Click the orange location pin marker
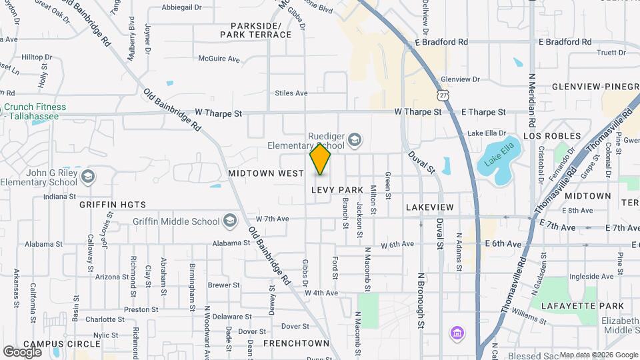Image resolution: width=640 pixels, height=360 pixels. pyautogui.click(x=321, y=159)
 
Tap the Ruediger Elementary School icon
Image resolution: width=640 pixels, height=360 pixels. pyautogui.click(x=355, y=139)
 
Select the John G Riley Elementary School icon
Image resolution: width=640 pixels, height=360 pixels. pyautogui.click(x=88, y=177)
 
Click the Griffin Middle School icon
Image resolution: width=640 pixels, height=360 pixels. pyautogui.click(x=229, y=221)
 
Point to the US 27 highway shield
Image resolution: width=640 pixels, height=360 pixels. pyautogui.click(x=443, y=96)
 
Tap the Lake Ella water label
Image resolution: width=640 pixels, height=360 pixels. pyautogui.click(x=495, y=161)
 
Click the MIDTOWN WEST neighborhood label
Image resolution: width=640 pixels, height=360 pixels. pyautogui.click(x=266, y=173)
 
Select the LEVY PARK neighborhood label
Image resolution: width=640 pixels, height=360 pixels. pyautogui.click(x=337, y=190)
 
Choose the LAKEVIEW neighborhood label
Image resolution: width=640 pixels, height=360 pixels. pyautogui.click(x=429, y=207)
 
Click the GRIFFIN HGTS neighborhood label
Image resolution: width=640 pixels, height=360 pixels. pyautogui.click(x=113, y=205)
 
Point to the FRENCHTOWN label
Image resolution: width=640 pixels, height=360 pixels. pyautogui.click(x=296, y=343)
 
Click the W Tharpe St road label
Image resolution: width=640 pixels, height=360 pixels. pyautogui.click(x=219, y=114)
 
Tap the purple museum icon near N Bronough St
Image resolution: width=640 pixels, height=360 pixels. pyautogui.click(x=457, y=332)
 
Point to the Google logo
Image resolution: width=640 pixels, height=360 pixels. pyautogui.click(x=22, y=351)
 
